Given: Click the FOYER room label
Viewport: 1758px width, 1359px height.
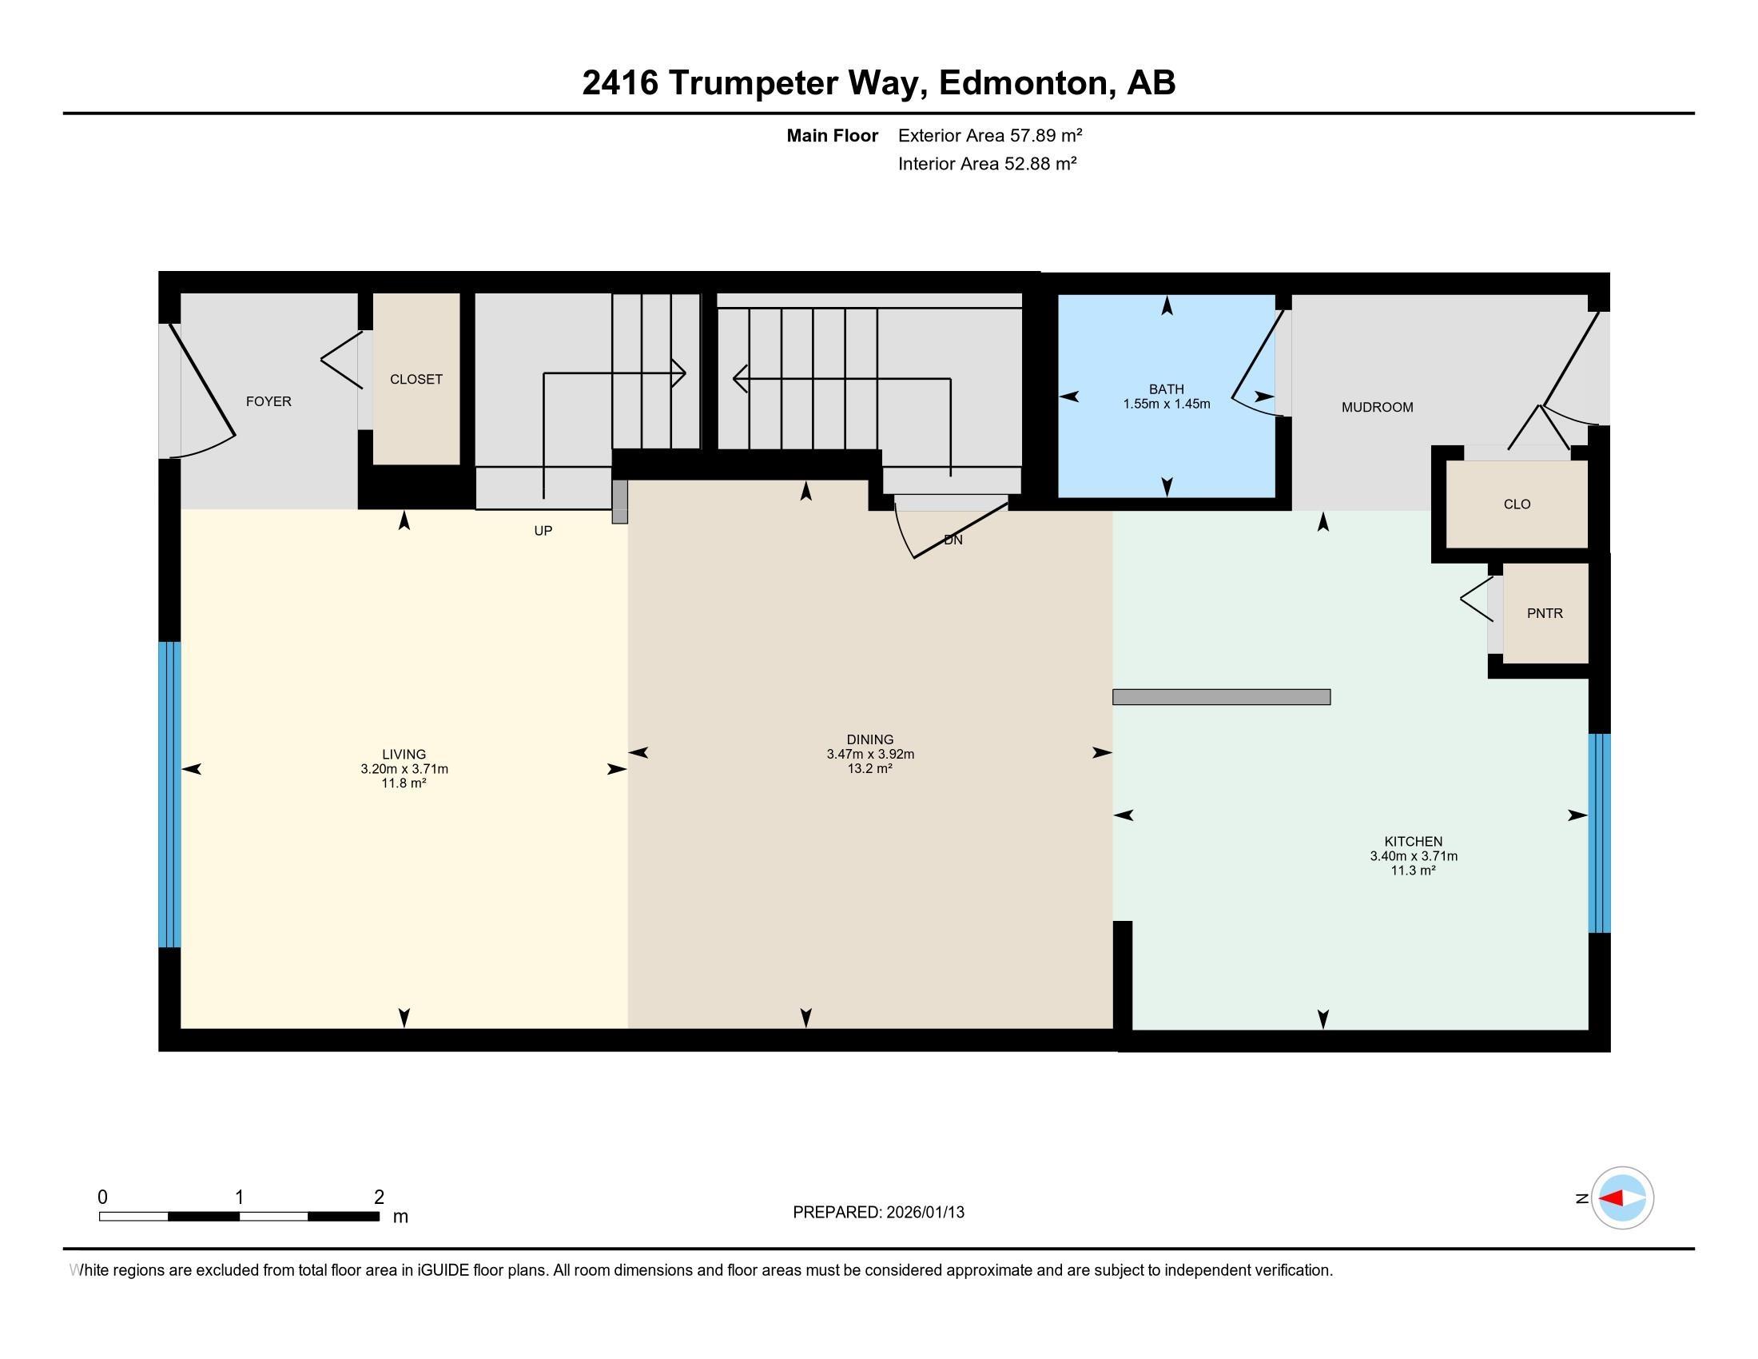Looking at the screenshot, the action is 268,401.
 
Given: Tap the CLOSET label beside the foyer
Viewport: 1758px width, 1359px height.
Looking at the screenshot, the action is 416,379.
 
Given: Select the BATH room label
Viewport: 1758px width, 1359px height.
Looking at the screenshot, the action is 1167,389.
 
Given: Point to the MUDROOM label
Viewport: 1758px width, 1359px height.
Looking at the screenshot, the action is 1378,408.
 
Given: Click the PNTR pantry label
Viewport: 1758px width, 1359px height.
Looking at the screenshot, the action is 1545,613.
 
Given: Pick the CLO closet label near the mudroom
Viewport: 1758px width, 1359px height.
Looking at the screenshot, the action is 1517,504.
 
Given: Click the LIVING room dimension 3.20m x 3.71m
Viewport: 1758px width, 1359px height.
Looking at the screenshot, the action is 404,769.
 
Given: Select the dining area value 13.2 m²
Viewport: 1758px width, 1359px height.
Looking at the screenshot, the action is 870,768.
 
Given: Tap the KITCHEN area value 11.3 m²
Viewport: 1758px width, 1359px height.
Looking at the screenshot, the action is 1414,871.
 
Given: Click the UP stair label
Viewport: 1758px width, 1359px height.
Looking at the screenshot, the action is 543,532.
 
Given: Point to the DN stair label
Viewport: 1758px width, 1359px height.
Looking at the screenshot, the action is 953,540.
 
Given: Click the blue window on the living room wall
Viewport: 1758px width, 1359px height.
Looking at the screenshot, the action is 169,795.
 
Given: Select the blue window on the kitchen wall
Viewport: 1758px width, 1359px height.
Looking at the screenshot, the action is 1600,833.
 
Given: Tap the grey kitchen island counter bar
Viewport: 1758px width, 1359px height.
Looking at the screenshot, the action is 1221,697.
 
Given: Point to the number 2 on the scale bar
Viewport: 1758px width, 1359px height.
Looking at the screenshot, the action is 379,1198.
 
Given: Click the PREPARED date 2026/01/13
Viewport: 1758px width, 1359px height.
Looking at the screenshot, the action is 925,1213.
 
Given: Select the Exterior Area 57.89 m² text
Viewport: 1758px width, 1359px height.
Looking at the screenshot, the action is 990,135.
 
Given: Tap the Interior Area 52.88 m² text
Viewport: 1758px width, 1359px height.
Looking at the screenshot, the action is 988,164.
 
